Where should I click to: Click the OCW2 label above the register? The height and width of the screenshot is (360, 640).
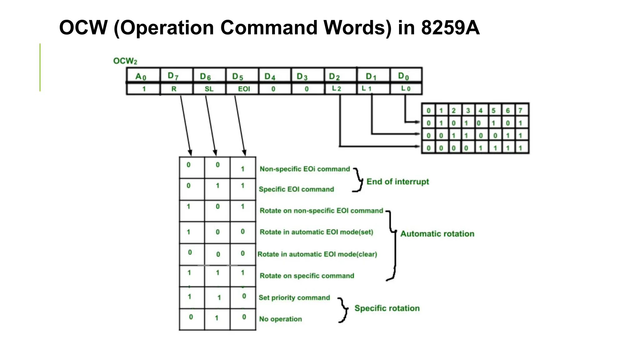(x=125, y=61)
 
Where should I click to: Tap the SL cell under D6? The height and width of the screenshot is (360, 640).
(x=209, y=89)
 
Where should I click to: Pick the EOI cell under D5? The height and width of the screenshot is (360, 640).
(x=244, y=89)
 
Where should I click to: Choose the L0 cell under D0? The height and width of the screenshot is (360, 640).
(x=406, y=89)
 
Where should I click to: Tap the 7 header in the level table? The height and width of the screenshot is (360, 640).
(x=520, y=110)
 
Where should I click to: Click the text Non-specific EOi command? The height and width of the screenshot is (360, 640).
(x=305, y=169)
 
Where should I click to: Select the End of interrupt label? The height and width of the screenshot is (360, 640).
(x=397, y=182)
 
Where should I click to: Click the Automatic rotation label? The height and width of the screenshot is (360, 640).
(x=437, y=234)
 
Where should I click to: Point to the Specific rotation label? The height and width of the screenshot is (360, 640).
(x=387, y=308)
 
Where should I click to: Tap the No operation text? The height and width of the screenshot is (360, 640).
(x=281, y=319)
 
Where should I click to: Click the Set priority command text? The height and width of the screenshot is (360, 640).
(x=294, y=297)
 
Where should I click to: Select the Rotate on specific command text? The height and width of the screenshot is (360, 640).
(x=307, y=276)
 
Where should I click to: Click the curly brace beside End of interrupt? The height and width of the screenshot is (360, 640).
(x=359, y=180)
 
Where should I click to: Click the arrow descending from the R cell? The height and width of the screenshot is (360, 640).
(x=185, y=125)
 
